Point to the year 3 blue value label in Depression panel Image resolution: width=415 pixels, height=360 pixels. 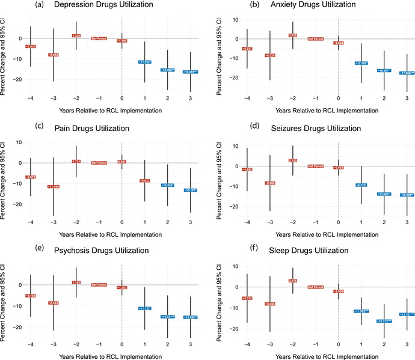tap(190, 72)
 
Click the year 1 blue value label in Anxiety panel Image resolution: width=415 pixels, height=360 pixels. tap(361, 63)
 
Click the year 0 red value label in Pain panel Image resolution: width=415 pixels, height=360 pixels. tap(121, 162)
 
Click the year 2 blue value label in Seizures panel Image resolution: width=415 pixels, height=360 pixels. tap(384, 194)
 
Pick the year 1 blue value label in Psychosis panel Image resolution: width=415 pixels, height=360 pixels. tap(144, 309)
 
